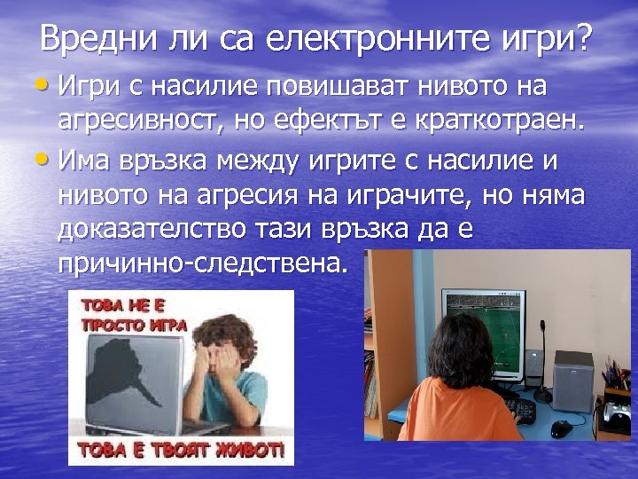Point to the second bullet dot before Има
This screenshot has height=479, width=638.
47,161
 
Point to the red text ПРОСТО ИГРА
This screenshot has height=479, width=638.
134,325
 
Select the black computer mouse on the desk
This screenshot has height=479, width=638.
561,428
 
